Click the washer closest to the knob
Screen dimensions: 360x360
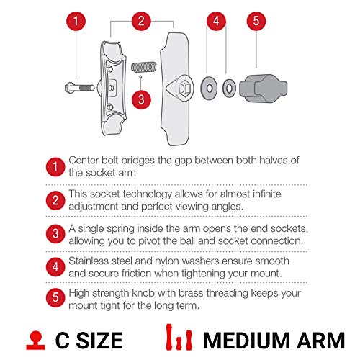point(229,89)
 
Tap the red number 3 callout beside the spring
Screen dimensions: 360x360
point(143,99)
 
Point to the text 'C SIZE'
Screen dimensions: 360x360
point(89,339)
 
